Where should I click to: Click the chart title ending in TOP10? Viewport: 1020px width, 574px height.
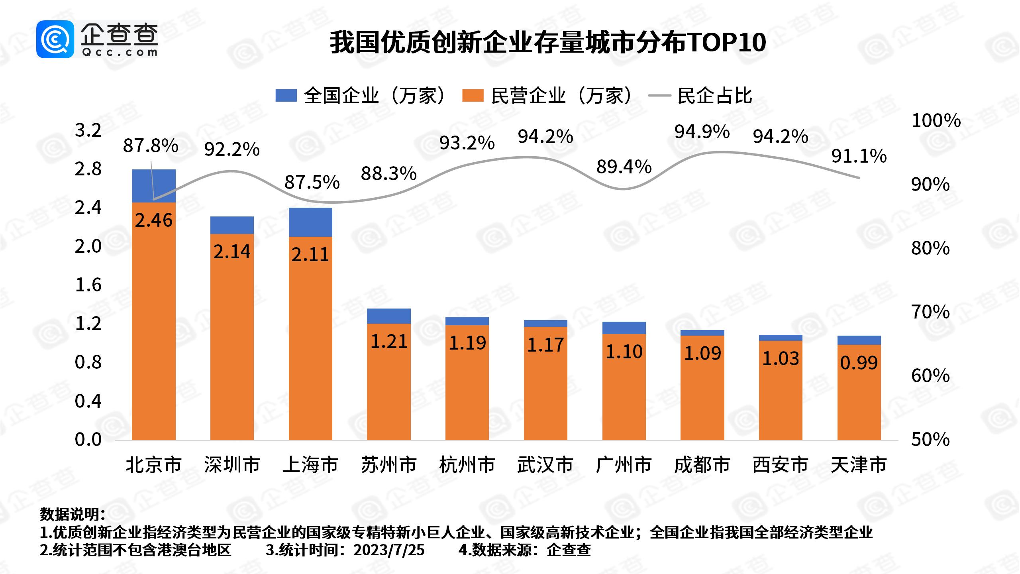547,43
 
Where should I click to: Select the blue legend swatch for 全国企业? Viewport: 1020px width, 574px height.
286,96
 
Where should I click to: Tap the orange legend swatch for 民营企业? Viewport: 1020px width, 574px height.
473,96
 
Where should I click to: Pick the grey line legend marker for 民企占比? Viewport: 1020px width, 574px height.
659,96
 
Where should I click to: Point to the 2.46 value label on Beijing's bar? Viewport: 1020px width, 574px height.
153,220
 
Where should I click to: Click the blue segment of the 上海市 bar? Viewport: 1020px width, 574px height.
310,222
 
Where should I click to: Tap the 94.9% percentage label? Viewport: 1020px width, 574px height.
702,132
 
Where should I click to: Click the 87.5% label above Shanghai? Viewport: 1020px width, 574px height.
312,183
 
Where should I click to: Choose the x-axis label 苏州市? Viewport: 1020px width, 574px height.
388,465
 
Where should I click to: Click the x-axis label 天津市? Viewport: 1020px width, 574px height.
859,465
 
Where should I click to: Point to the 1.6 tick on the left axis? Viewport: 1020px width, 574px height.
88,285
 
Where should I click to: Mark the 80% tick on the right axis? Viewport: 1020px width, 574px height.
930,248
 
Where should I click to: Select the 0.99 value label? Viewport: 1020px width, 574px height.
859,363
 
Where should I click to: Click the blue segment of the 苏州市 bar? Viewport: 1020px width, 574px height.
388,316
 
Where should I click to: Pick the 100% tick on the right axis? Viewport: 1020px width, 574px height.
936,121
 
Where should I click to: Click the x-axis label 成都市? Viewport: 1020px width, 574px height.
702,465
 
